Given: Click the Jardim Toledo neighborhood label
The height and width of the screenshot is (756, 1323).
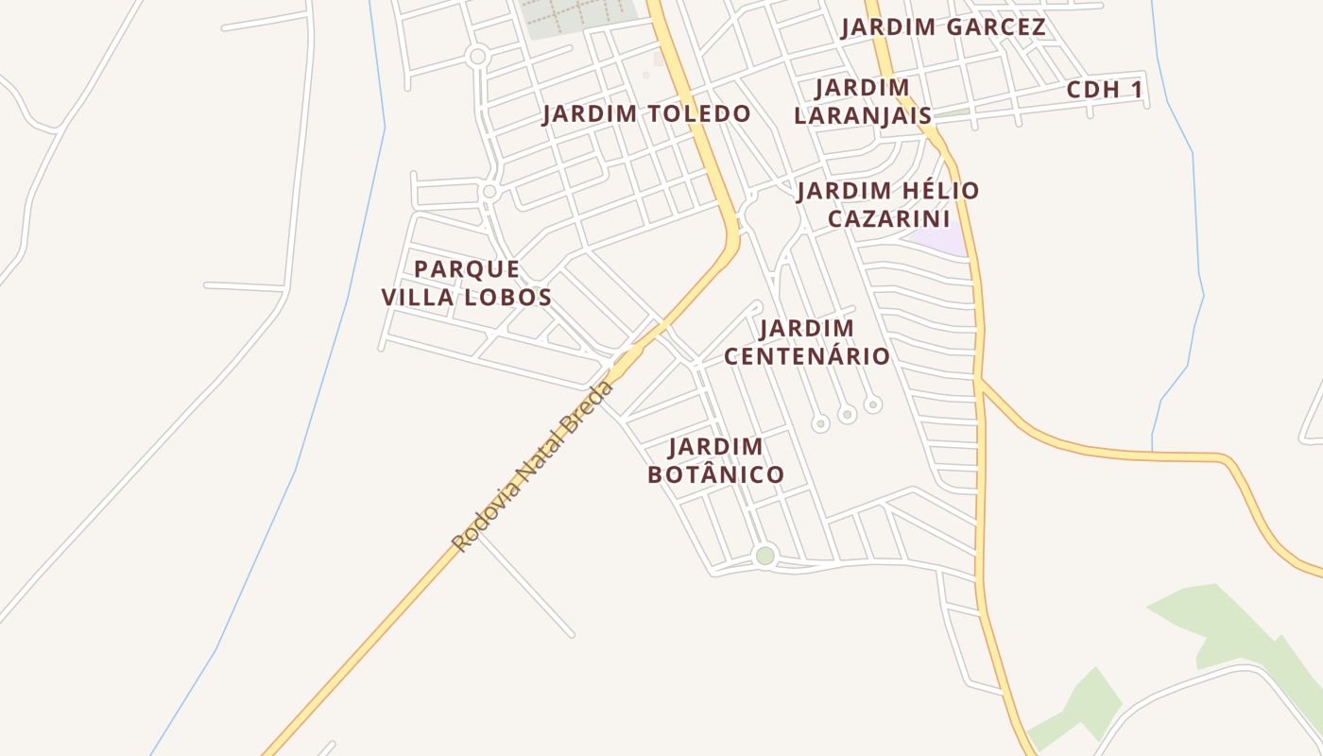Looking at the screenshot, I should (x=646, y=114).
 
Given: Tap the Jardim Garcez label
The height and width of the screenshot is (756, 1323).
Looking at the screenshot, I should (x=944, y=27).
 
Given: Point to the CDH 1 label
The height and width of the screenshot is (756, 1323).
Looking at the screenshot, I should (x=1105, y=91).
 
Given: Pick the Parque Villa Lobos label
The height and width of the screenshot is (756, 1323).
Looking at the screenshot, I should (x=467, y=283).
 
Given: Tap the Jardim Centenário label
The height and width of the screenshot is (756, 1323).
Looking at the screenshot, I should (x=806, y=342).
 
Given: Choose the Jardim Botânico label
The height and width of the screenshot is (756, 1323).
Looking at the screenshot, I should (x=715, y=460).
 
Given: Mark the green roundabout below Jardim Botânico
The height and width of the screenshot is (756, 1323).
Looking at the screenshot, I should (x=765, y=556).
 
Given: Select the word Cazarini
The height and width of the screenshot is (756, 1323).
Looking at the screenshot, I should (x=888, y=219).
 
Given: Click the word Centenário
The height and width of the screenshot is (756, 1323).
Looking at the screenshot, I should (x=806, y=356).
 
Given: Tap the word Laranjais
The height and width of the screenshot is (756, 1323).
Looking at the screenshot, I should (x=863, y=115).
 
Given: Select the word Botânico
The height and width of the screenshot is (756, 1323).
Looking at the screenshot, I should (x=715, y=474).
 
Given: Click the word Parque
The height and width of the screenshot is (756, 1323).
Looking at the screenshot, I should (x=467, y=269).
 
